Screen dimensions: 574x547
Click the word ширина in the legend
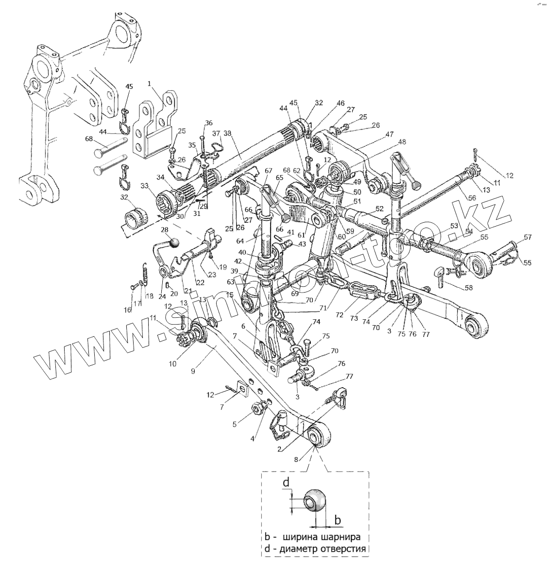(302, 538)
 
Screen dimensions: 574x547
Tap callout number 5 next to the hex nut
(235, 424)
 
